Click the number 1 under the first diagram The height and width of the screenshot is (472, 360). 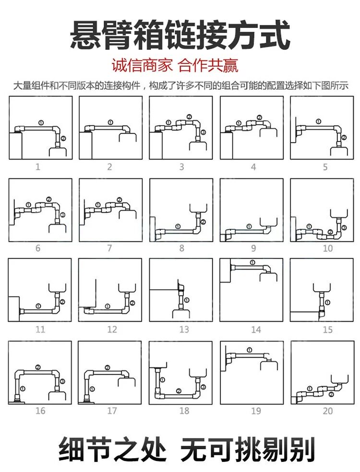click(x=38, y=167)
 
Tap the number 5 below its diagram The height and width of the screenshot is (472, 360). click(x=325, y=167)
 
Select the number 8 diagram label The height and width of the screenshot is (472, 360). click(x=181, y=248)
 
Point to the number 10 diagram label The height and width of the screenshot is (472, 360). click(x=327, y=248)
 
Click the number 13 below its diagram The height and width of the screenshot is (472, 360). click(x=184, y=330)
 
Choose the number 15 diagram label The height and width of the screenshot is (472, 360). click(x=327, y=330)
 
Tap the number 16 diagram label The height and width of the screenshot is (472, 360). click(x=40, y=411)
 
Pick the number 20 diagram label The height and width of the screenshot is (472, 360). click(x=327, y=411)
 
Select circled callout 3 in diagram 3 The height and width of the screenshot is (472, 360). click(x=203, y=132)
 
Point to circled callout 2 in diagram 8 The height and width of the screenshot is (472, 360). click(x=203, y=222)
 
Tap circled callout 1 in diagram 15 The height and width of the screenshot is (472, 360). click(x=328, y=302)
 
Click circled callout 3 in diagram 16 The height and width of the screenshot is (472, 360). click(x=62, y=381)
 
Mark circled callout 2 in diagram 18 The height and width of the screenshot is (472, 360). click(x=179, y=391)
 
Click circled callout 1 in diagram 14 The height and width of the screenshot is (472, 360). click(x=252, y=262)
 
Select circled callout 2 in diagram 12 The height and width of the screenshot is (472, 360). click(x=132, y=302)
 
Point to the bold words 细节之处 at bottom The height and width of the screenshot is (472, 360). click(x=112, y=449)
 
